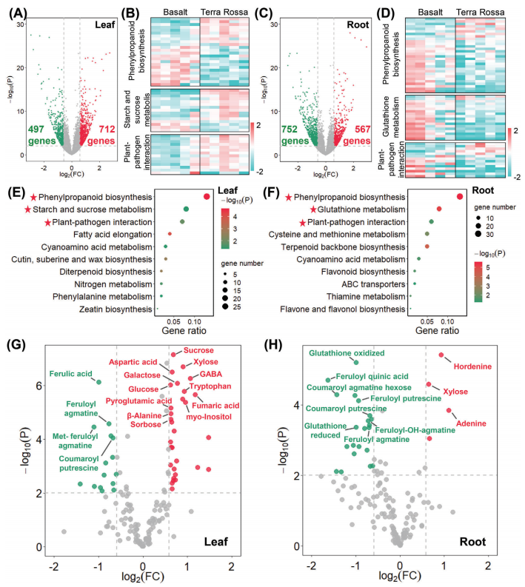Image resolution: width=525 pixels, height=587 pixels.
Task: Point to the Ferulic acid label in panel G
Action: click(x=71, y=373)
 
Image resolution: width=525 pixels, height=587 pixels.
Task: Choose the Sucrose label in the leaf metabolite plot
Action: click(x=198, y=350)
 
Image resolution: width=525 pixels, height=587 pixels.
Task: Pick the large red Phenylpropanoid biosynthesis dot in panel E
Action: click(x=207, y=196)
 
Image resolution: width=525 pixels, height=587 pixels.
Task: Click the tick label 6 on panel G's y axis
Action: click(x=33, y=386)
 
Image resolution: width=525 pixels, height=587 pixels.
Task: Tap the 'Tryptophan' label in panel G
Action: click(x=210, y=386)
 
